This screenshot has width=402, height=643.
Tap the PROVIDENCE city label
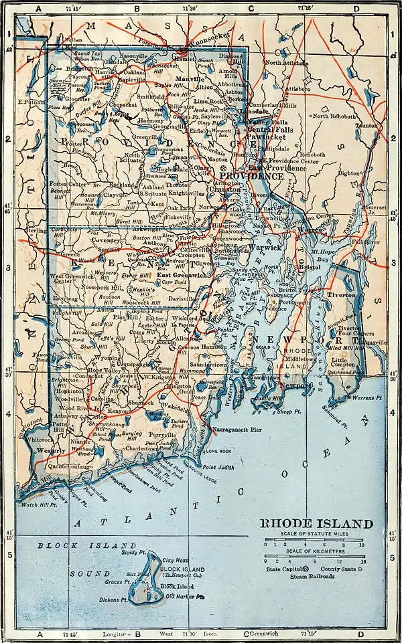coord(257,176)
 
